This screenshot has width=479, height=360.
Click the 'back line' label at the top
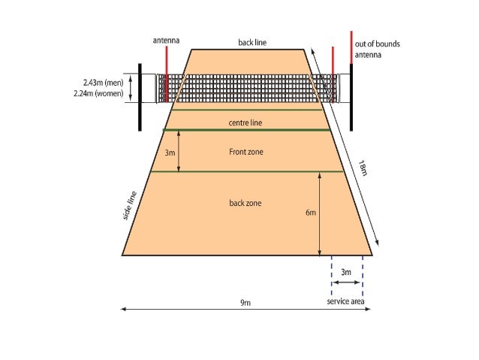252,43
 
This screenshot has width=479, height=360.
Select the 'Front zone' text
246,153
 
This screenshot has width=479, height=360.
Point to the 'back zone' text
245,203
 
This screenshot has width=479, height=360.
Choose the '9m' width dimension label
245,302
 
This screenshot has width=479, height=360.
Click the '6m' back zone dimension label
311,213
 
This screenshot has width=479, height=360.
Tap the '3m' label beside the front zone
170,152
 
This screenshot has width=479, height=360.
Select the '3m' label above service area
347,271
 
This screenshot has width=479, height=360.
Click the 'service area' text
346,302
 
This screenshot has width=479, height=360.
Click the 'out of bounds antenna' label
377,50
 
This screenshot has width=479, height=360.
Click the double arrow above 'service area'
347,283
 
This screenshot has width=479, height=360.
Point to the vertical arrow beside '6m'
321,213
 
